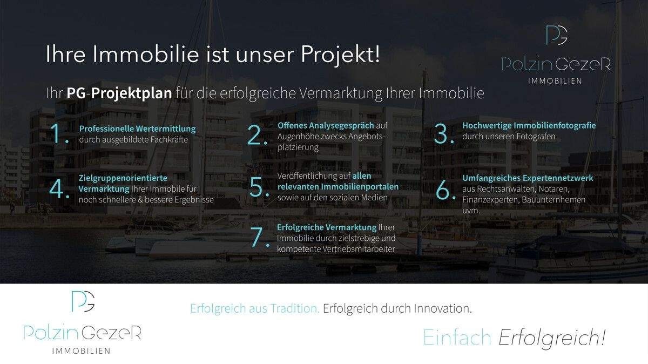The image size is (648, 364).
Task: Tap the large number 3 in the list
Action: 443,134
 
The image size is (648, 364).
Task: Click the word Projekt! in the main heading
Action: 340,55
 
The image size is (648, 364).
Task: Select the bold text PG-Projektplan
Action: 119,93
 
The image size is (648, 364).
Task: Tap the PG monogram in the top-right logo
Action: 557,35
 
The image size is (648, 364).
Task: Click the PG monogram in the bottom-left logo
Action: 83,301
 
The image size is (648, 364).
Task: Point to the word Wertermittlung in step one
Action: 166,129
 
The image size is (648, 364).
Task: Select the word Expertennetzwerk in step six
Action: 560,178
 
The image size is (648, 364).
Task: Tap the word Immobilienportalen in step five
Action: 360,187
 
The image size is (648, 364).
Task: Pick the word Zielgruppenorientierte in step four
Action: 123,178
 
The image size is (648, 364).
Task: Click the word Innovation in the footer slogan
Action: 442,308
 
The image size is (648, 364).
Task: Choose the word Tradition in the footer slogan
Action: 295,308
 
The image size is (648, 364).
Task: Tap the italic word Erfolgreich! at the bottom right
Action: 552,338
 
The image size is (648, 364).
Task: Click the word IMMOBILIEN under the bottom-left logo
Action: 82,351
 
